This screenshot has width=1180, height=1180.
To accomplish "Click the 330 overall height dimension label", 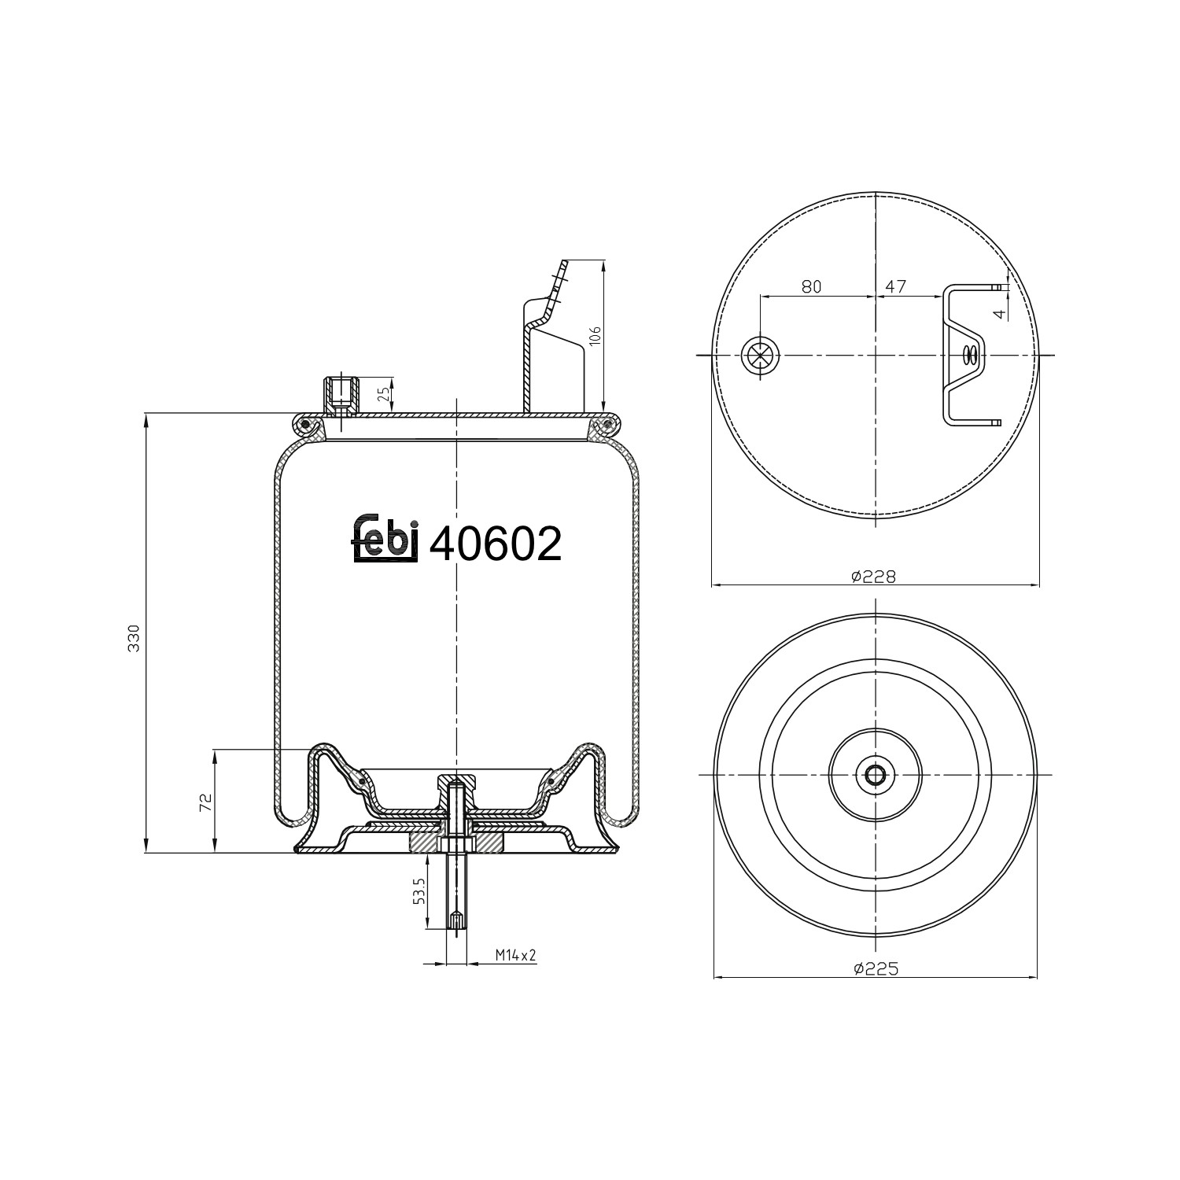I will [134, 637].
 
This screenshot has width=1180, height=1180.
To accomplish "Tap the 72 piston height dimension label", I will [205, 802].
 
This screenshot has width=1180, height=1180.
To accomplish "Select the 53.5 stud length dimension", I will [419, 891].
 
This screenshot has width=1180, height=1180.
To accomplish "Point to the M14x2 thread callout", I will [515, 955].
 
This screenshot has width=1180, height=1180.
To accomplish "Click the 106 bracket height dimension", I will [595, 336].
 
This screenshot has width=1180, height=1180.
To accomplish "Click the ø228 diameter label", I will [873, 577].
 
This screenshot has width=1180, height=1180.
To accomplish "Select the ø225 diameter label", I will [876, 969].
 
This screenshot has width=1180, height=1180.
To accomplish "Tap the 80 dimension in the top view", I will [811, 286].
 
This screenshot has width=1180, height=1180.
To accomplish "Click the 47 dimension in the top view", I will [895, 286].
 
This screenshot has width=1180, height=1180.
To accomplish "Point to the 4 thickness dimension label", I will [998, 313].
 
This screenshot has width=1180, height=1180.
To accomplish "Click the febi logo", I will [383, 539].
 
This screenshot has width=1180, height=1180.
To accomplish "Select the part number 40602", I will [496, 543].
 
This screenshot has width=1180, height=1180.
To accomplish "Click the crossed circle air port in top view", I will [759, 356].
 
